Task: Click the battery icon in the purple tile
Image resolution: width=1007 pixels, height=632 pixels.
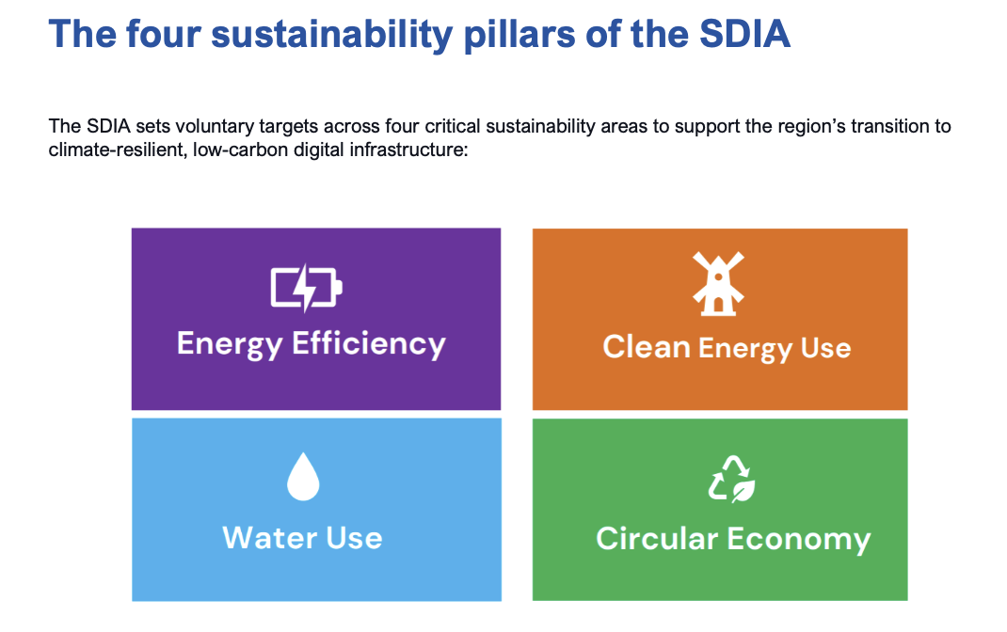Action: coord(307,288)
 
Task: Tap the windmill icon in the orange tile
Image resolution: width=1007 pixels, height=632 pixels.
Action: coord(718,283)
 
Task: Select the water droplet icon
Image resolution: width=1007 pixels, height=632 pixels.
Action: coord(303,477)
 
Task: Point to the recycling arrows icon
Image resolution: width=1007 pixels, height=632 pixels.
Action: coord(731,479)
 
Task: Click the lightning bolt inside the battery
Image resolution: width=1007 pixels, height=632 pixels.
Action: coord(306,288)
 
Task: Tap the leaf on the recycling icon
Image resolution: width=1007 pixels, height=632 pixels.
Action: coord(743,491)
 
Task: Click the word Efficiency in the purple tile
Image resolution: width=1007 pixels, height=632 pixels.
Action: coord(369,344)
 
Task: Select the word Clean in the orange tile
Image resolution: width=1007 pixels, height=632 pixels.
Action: coord(646,347)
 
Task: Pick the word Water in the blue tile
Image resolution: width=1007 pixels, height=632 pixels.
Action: coord(270,538)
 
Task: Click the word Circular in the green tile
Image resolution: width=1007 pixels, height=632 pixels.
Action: coord(656,538)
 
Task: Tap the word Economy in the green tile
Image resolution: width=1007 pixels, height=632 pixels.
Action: coord(799,540)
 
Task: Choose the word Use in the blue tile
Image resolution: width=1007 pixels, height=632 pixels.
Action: coord(354,538)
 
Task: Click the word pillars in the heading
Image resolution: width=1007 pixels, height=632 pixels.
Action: coord(519,34)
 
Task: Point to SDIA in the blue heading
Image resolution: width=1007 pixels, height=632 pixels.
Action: coord(745,33)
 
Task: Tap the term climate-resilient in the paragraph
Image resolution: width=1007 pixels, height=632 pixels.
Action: coord(118,150)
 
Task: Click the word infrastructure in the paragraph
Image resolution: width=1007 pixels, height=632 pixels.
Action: coord(409,150)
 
